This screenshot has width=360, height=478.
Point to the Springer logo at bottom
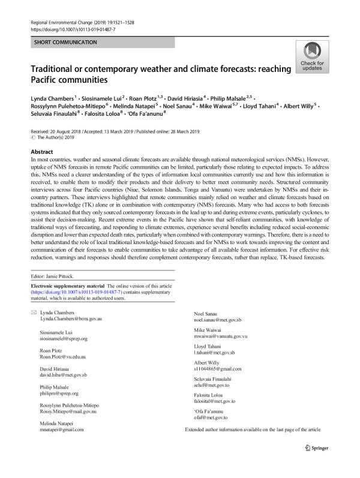pos(319,464)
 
